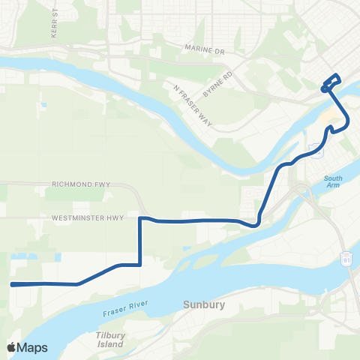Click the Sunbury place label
(x=202, y=304)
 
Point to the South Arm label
(x=333, y=181)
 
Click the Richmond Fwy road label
(x=80, y=183)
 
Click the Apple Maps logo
(x=27, y=347)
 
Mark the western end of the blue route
(x=12, y=284)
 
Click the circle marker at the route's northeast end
(x=324, y=89)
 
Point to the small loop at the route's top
(x=332, y=81)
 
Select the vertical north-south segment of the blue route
(x=140, y=241)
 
